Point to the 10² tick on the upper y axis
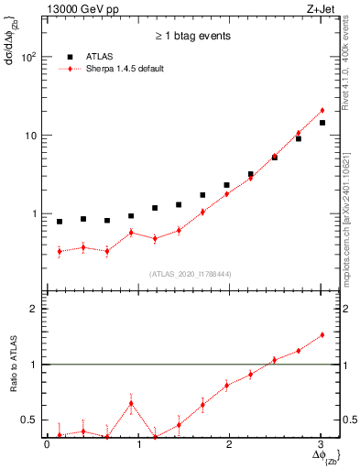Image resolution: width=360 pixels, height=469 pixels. point(29,57)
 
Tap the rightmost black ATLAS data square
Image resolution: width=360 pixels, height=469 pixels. point(322,123)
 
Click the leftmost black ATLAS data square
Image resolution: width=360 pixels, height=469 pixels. point(60,222)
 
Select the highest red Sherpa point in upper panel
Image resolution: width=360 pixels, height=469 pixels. point(322,111)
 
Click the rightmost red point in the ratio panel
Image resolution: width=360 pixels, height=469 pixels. point(322,335)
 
